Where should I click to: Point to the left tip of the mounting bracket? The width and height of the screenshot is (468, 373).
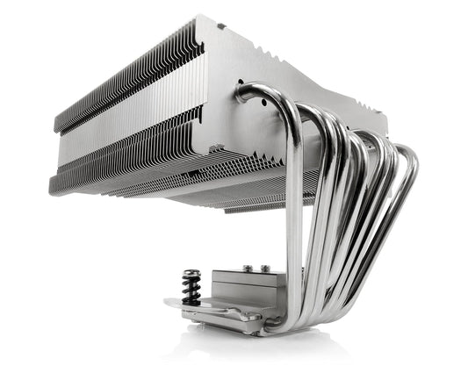pyautogui.click(x=168, y=303)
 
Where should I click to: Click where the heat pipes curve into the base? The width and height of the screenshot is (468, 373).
pyautogui.click(x=290, y=320)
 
